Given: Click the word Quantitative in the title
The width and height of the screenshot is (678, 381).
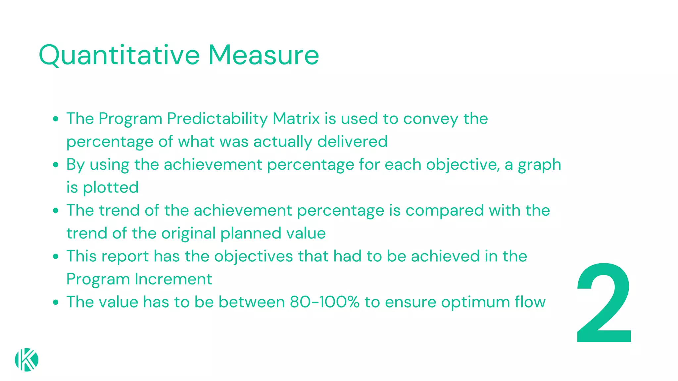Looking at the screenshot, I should tap(119, 55).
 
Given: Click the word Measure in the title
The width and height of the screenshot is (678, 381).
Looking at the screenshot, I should tap(263, 55).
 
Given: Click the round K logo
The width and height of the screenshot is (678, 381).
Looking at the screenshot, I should tap(26, 360).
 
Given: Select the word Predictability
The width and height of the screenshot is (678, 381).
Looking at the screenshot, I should tap(217, 119).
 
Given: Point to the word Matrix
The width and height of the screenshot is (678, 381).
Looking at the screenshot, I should tap(296, 119).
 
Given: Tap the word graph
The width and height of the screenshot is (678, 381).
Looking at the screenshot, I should tap(539, 165).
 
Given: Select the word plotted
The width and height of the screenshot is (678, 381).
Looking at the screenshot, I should tap(111, 188).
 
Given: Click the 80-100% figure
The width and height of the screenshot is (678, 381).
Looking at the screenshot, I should tap(324, 302).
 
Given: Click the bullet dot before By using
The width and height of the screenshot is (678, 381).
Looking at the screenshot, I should tap(56, 165).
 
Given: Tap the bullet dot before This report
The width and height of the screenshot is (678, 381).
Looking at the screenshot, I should tap(56, 256).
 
